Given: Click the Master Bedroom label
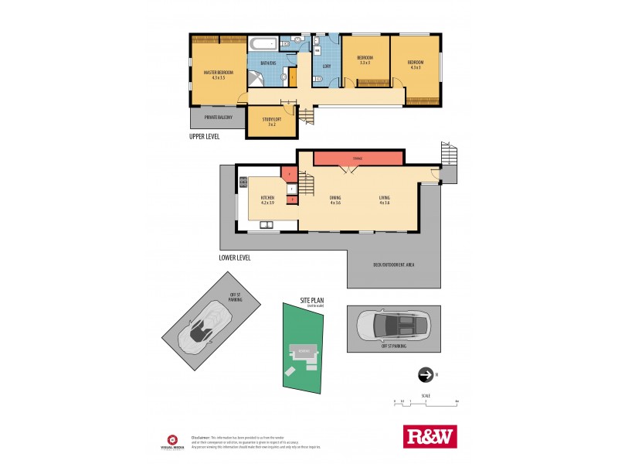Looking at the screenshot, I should point(214,74).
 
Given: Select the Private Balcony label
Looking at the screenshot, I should point(218,118).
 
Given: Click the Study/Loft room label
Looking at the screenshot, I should point(271,121).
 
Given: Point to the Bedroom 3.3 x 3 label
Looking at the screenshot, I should point(365,61).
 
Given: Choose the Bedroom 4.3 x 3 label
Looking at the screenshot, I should point(416,64).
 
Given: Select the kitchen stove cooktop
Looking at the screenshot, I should point(243,183).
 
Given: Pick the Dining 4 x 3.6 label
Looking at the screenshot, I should point(335,200).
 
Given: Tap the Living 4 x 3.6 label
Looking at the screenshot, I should point(385,200).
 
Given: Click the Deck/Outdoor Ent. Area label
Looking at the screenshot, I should point(394,265).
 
